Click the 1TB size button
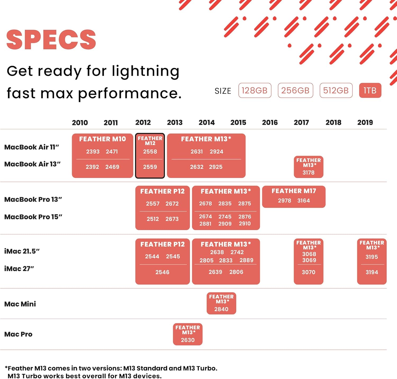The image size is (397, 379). click(370, 90)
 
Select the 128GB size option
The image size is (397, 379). click(255, 90)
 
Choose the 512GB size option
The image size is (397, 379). click(336, 90)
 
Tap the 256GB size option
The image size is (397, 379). click(295, 90)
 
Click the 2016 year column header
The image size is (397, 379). click(270, 122)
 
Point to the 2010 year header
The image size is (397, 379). click(80, 123)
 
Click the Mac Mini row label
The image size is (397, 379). click(20, 304)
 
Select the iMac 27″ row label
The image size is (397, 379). click(19, 269)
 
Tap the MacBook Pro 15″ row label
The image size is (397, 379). click(33, 217)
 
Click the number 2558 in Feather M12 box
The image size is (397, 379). click(150, 152)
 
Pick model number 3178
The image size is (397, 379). click(309, 173)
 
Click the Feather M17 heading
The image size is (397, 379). click(294, 191)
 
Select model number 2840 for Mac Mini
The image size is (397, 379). click(221, 309)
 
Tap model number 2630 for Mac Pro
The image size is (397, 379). click(188, 340)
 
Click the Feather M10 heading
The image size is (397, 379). click(102, 139)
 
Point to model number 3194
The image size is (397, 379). click(372, 272)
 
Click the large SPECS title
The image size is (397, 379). click(51, 39)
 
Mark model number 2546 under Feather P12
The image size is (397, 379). click(162, 272)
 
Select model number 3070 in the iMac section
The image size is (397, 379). click(309, 272)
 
